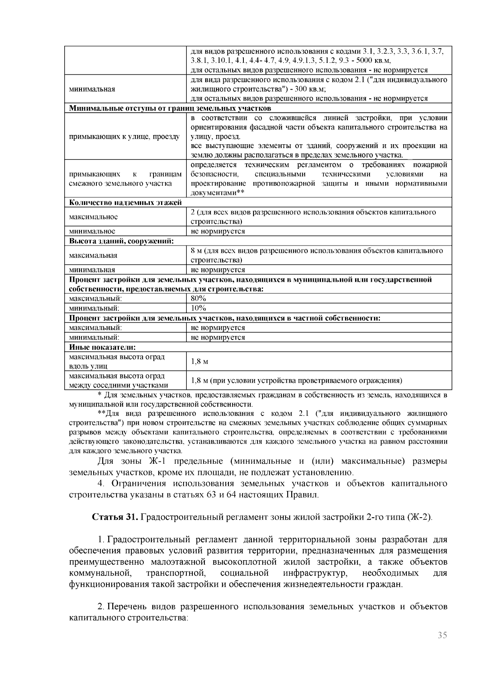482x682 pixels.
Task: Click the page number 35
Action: coord(442,635)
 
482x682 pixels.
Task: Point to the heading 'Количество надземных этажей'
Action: coord(125,202)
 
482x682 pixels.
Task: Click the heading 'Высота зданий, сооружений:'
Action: coord(121,241)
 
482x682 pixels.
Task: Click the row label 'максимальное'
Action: coord(93,217)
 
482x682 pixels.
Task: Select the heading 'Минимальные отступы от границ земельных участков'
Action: coord(170,108)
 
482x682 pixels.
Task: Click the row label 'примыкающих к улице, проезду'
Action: coord(124,137)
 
